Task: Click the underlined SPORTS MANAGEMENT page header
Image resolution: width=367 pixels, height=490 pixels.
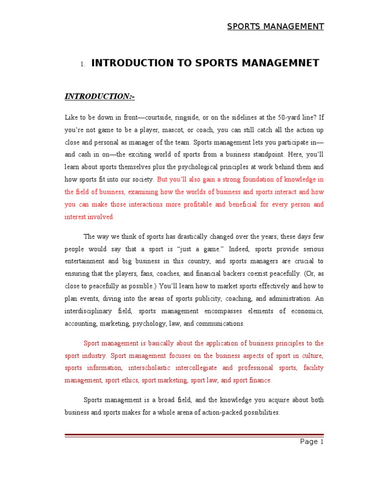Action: click(275, 26)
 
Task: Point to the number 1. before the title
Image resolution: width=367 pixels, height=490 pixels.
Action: click(83, 64)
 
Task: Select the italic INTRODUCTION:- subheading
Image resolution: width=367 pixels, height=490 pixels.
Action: click(100, 97)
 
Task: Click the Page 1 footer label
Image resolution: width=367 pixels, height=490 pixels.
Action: click(312, 442)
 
